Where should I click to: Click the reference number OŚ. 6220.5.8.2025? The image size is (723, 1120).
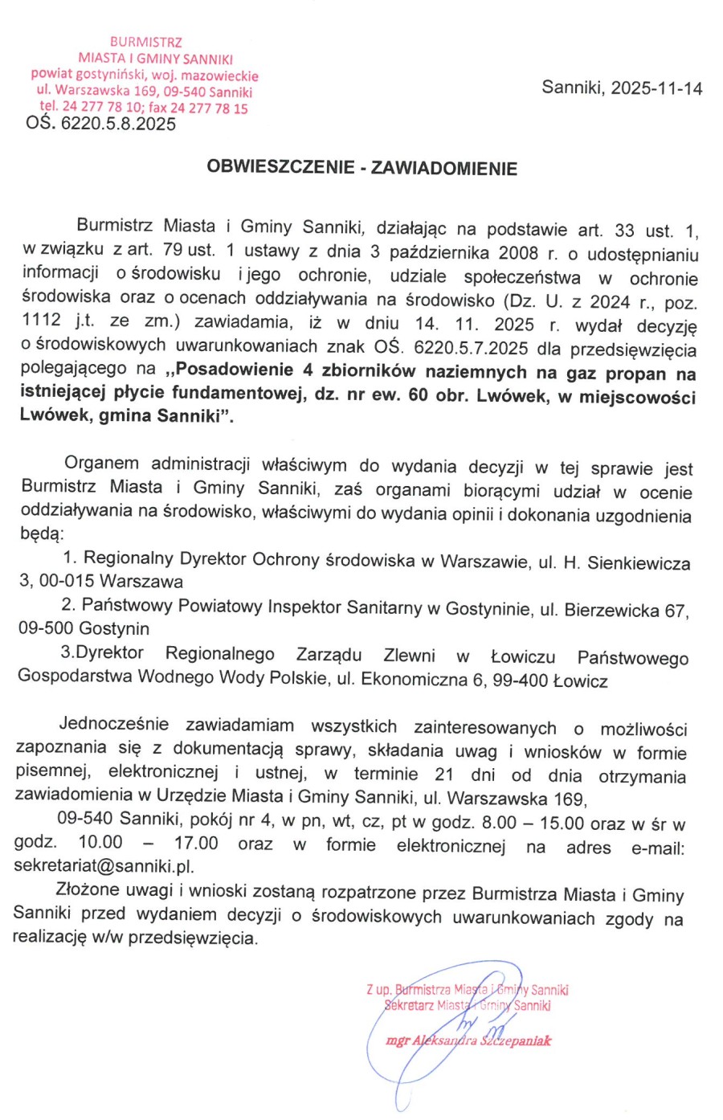[x=101, y=124]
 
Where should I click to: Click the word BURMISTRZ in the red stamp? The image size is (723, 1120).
[x=146, y=42]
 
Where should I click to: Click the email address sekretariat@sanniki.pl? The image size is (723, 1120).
[x=104, y=866]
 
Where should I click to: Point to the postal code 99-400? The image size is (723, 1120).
[x=521, y=681]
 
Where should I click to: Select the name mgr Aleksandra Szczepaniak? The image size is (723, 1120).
[x=468, y=1041]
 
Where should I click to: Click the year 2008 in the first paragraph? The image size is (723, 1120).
[x=518, y=253]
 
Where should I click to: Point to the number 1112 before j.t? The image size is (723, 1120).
[x=42, y=320]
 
